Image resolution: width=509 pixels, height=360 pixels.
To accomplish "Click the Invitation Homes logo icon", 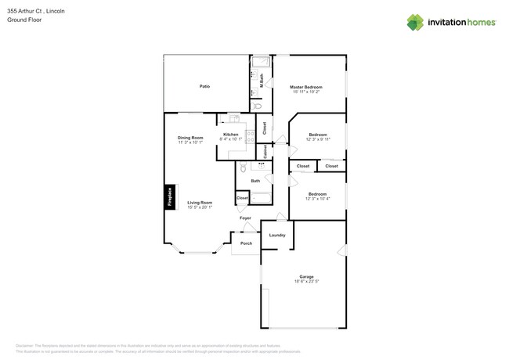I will (415, 22).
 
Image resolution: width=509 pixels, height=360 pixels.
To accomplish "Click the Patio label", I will (204, 86).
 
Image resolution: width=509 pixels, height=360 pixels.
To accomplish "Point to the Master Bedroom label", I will (306, 87).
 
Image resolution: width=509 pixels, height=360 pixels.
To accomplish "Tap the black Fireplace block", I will (169, 196).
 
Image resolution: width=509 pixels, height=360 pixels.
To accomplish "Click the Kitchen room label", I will (230, 135).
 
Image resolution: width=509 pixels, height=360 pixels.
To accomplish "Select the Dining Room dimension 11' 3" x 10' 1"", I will (190, 142).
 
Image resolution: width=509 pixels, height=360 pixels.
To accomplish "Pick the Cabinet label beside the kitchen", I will (266, 150).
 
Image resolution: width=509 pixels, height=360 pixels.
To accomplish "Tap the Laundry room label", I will (276, 235).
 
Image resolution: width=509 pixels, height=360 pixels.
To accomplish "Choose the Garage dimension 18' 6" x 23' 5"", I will (306, 281).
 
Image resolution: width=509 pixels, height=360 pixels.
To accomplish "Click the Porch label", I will (246, 244).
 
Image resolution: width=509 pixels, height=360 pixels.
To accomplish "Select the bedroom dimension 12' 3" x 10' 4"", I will (318, 198).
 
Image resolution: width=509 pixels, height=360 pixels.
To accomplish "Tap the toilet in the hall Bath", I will (244, 168).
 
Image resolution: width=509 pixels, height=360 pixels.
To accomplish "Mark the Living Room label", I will (200, 202).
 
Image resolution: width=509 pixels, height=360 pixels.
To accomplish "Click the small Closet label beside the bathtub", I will (242, 198).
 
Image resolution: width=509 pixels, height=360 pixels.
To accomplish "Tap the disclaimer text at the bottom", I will (149, 345).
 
